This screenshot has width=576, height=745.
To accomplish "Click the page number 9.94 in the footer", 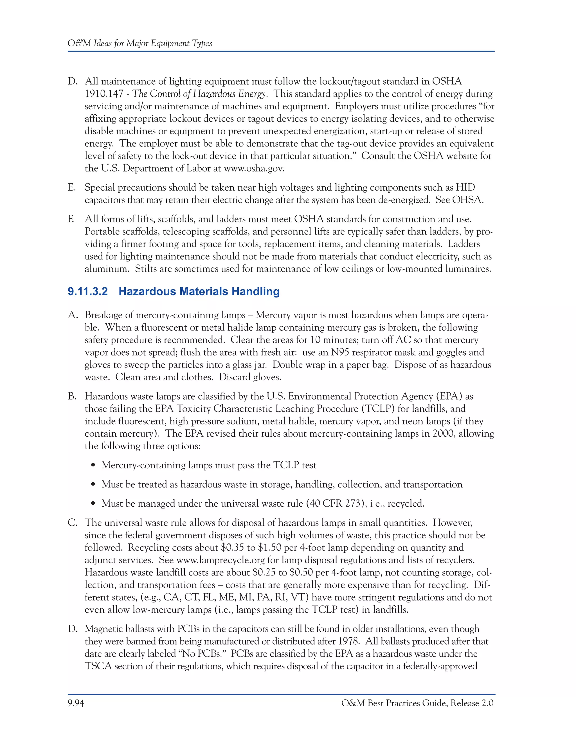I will coord(76,703).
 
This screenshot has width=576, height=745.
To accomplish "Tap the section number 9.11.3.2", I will coord(88,291).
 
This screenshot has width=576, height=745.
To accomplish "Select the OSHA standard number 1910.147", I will coord(104,94).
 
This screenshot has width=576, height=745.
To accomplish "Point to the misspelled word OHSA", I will coord(467,200).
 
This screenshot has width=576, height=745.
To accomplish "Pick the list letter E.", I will coord(71,187).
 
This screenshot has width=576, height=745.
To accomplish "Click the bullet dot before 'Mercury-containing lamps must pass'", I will coord(93,466).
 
